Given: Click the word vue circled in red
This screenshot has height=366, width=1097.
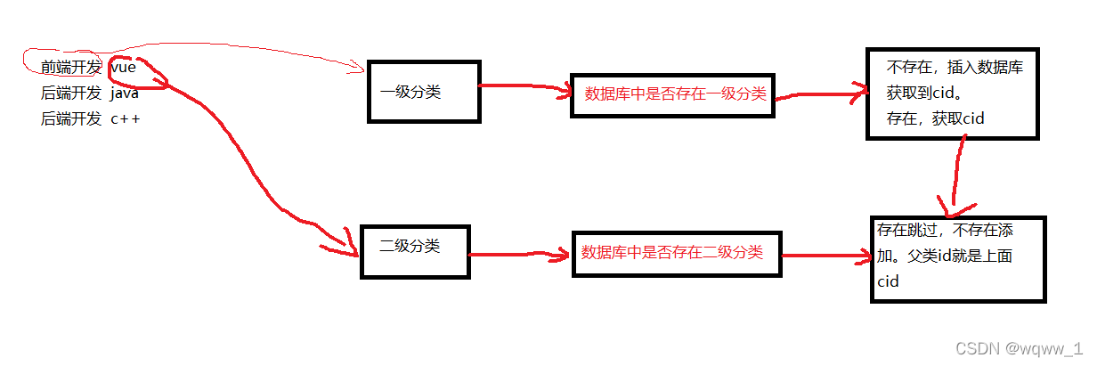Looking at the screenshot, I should pos(123,66).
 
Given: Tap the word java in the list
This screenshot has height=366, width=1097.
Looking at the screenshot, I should pos(125,92).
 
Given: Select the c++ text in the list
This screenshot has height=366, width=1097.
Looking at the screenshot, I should pos(125,118).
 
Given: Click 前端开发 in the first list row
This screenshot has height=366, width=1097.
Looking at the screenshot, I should pos(71,66).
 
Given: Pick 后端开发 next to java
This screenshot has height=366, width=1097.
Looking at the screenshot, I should pos(71,92).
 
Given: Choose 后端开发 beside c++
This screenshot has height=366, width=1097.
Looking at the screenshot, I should pos(71,118).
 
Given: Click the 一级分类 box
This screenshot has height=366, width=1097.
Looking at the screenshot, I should pos(423,91).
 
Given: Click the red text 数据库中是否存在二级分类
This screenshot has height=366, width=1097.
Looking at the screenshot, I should pos(671,252).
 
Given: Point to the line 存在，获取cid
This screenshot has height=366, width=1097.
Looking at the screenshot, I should pos(934,118).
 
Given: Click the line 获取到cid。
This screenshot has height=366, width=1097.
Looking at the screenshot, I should pos(923,92).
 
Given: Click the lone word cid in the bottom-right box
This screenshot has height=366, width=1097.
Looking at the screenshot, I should pos(888,281).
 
